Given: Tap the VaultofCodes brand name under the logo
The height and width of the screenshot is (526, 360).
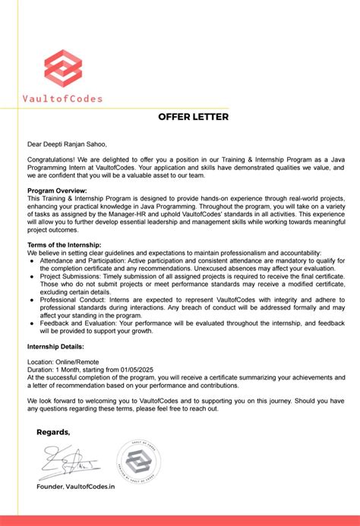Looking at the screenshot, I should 62,98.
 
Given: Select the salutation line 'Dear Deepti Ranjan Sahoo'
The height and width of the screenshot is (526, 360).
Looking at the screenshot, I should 68,143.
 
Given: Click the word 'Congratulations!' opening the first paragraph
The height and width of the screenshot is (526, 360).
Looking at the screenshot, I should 51,159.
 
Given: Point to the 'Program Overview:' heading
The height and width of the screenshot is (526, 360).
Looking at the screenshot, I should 57,191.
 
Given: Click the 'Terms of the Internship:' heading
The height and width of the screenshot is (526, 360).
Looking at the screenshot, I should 65,244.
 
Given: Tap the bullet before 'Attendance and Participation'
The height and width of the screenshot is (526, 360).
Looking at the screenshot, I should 32,260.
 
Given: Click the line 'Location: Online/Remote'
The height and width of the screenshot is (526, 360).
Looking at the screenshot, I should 63,362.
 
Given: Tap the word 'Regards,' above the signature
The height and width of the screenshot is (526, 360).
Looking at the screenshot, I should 53,432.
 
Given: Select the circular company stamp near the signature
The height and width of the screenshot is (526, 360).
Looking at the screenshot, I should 138,461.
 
